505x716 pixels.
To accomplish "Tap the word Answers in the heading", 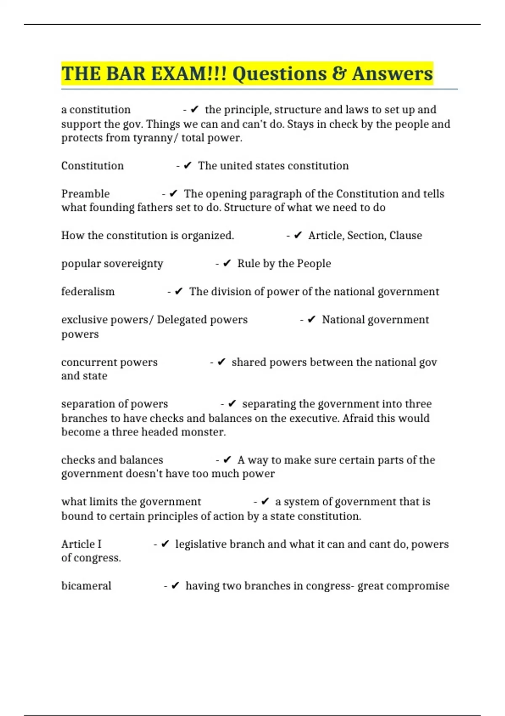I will tap(392, 74).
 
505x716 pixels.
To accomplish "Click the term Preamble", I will tap(85, 194).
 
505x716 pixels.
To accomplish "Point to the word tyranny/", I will tap(155, 138).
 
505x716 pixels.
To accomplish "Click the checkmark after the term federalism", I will tap(178, 291).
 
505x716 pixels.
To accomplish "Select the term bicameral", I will tap(86, 586).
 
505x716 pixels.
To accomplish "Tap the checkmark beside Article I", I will tap(165, 544).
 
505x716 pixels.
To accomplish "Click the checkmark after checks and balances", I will tap(227, 460).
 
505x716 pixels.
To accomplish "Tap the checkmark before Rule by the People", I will tap(227, 264).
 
